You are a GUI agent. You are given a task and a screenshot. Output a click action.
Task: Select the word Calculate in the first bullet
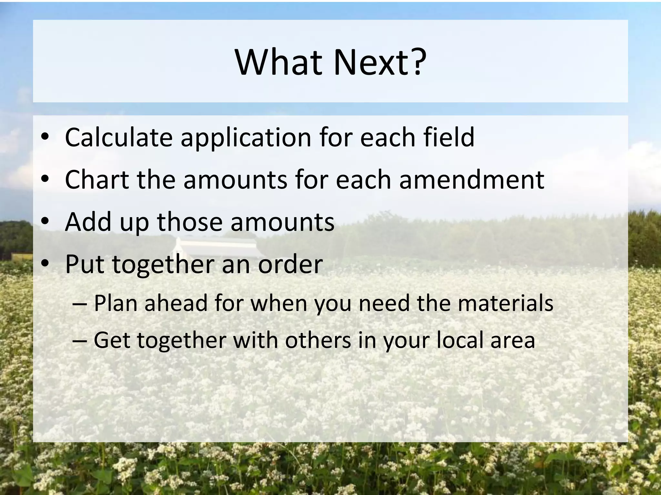point(119,138)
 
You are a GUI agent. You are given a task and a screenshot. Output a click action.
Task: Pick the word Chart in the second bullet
point(97,180)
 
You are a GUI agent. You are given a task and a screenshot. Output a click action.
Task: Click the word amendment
point(472,180)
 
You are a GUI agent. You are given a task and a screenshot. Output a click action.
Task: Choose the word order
point(290,264)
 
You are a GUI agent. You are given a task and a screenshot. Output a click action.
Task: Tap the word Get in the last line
point(112,340)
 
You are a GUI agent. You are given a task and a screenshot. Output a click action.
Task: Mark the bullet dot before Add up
point(45,221)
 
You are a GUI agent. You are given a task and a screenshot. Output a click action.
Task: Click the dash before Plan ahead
point(80,304)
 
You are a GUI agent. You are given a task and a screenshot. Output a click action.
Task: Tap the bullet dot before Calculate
point(45,137)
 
